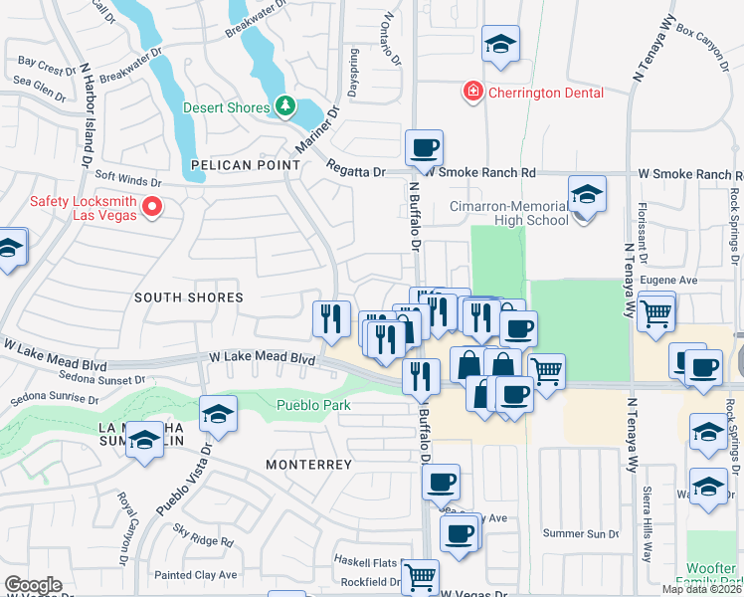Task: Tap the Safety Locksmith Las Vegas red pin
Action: pos(152,207)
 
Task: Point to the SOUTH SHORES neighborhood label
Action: pos(188,298)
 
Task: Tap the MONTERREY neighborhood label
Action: pos(309,465)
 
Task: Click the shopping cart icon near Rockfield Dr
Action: pos(422,574)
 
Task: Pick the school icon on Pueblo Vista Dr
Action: pos(218,414)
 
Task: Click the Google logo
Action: pos(32,585)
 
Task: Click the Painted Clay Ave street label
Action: pos(196,574)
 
